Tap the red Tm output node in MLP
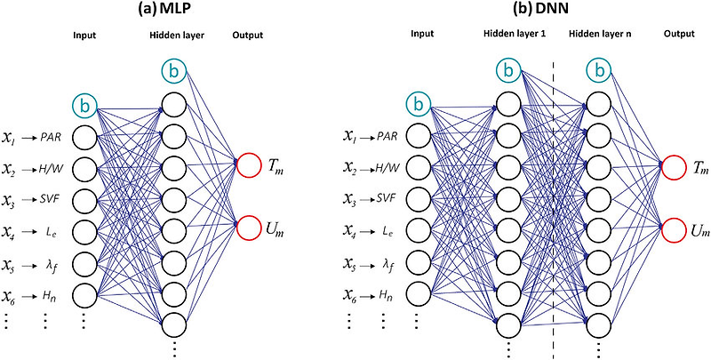pos(250,165)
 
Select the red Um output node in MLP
pos(250,228)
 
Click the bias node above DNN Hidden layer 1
pos(507,70)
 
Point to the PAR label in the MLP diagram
pos(50,137)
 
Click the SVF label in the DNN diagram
pos(387,199)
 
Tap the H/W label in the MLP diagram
pos(51,168)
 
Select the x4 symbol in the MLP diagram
pos(10,233)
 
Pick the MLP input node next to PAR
pos(84,137)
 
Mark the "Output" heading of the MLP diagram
pos(248,36)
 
